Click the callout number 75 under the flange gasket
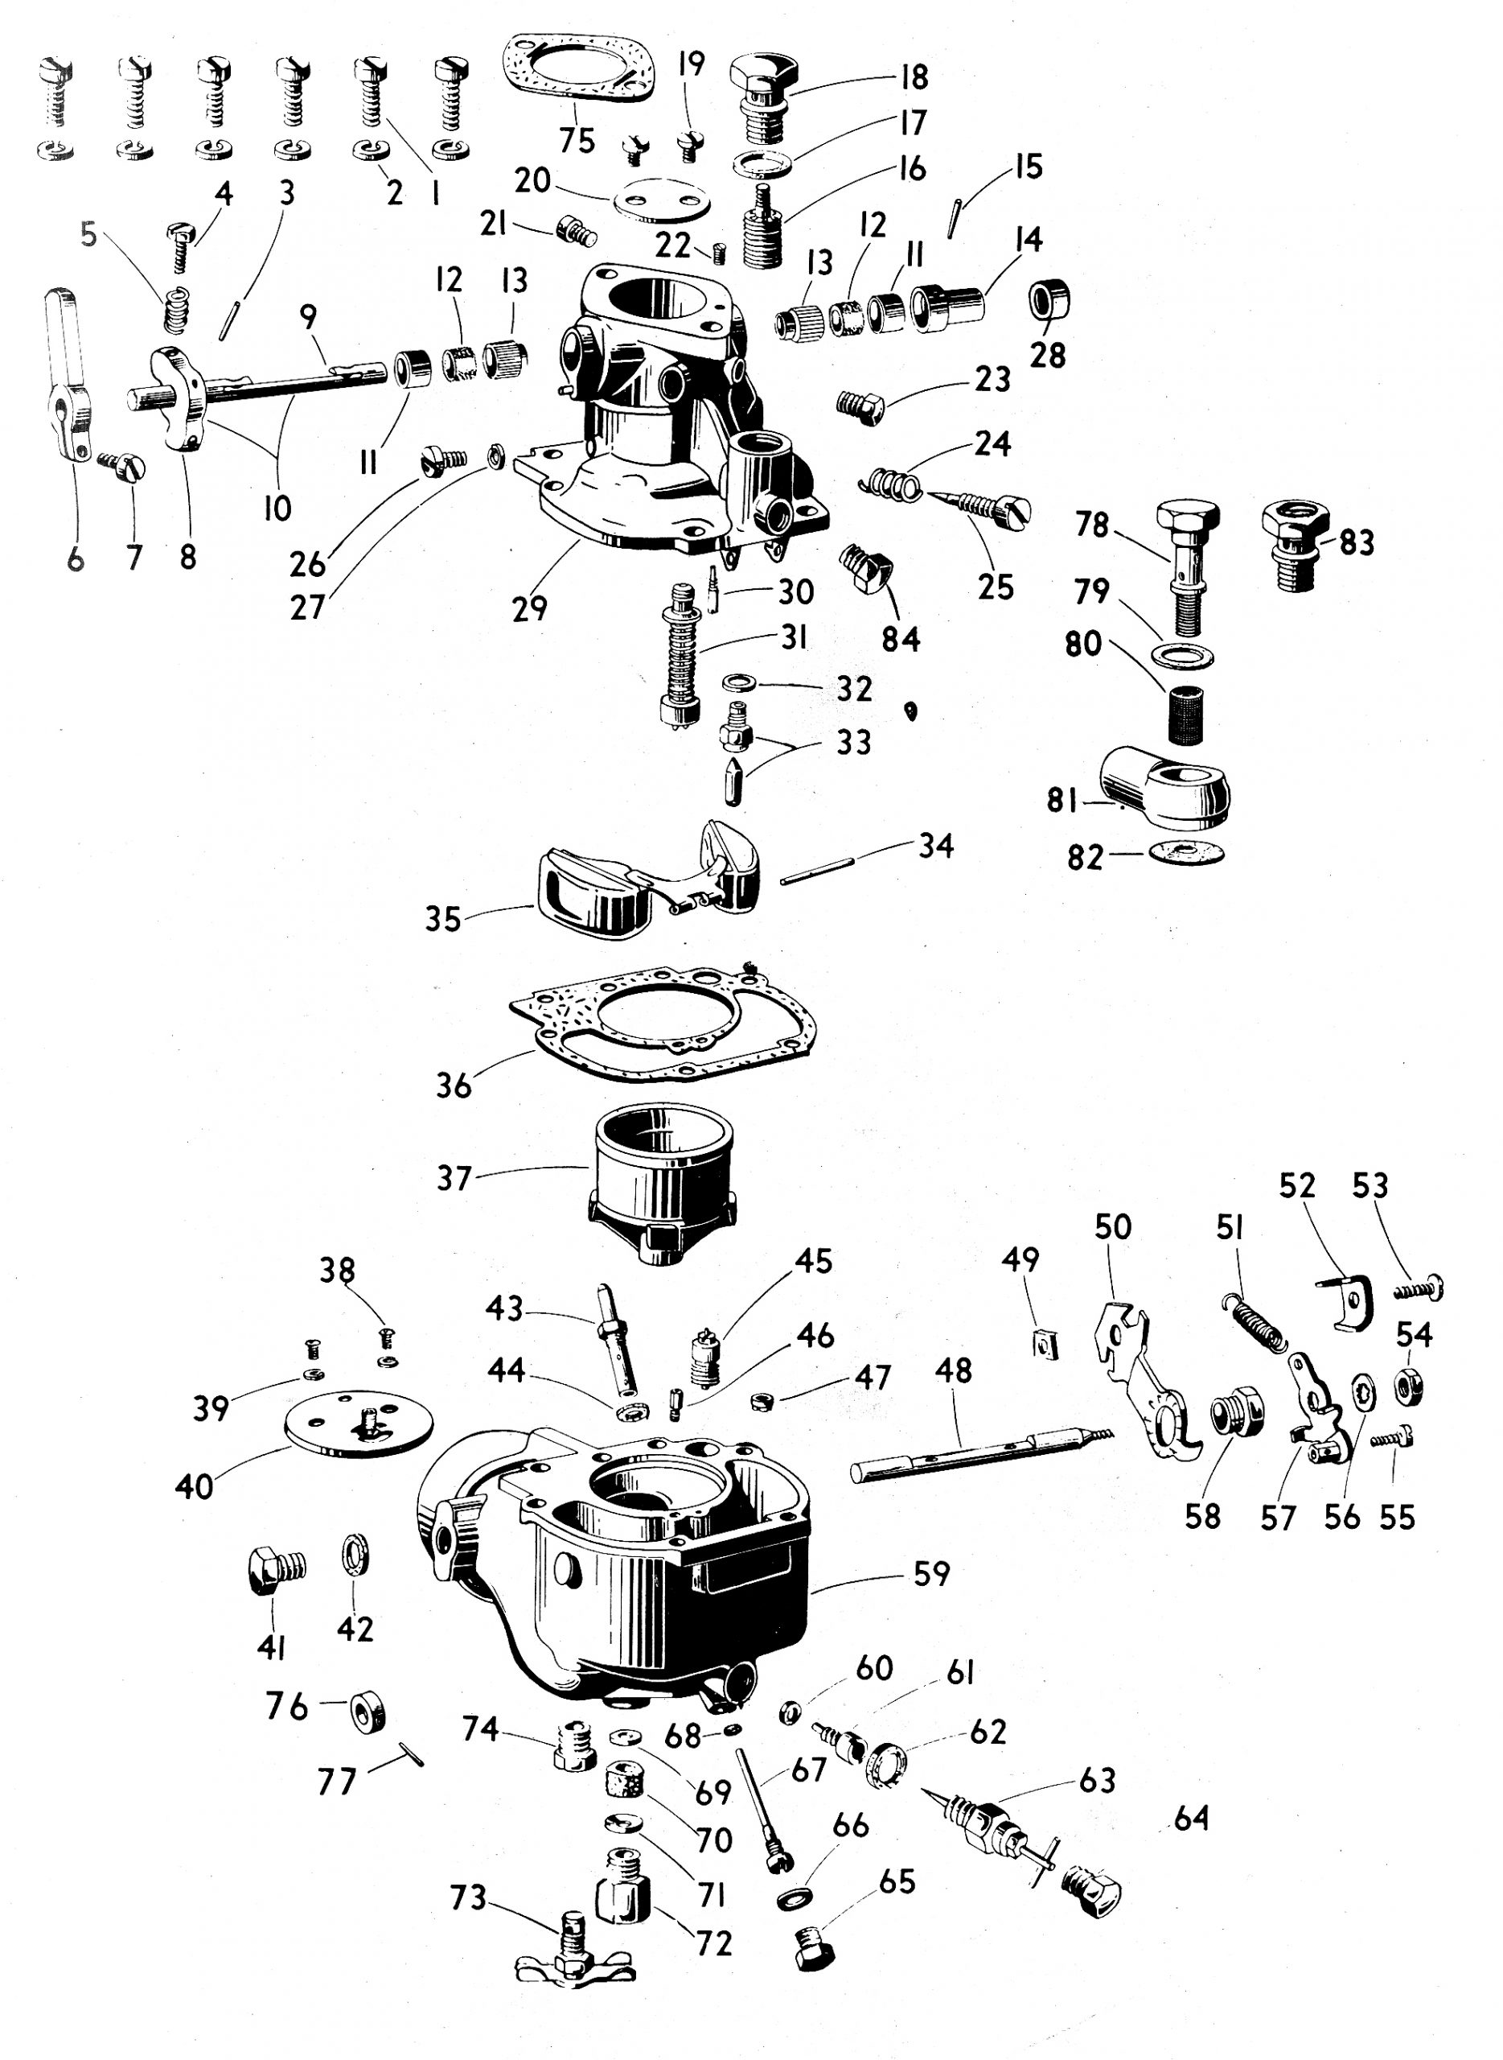(x=577, y=140)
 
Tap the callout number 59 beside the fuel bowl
(x=930, y=1574)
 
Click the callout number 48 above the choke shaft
(x=953, y=1371)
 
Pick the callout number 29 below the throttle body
(x=529, y=608)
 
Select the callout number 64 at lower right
(x=1191, y=1819)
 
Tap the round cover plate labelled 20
(x=661, y=202)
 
